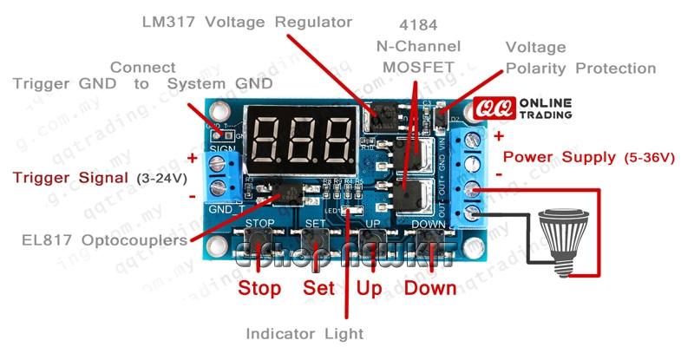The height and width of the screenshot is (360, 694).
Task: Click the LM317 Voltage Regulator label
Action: [x=247, y=22]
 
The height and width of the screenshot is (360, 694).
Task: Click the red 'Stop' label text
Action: [x=259, y=288]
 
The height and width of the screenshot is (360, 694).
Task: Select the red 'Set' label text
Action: [x=319, y=288]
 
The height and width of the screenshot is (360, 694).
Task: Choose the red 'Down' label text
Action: [x=430, y=288]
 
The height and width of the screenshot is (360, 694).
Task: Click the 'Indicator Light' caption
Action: [x=304, y=333]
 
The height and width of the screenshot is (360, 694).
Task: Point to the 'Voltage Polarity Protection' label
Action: [x=579, y=58]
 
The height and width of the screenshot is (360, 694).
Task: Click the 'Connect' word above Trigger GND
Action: [x=143, y=68]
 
